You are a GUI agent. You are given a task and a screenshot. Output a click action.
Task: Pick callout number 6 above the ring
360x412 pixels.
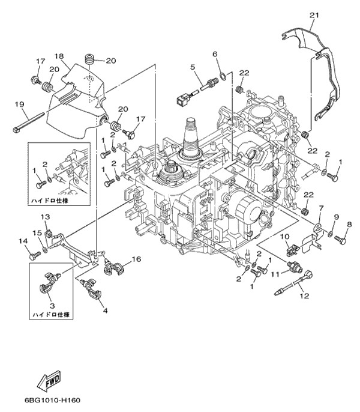[x=215, y=54]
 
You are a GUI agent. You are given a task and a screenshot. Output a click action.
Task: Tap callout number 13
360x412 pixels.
[x=44, y=216]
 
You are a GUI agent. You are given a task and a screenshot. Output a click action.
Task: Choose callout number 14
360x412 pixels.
[x=25, y=241]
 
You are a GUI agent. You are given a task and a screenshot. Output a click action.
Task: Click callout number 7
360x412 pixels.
[x=321, y=208]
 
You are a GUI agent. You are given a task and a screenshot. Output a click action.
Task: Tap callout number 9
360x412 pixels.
[x=336, y=216]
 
